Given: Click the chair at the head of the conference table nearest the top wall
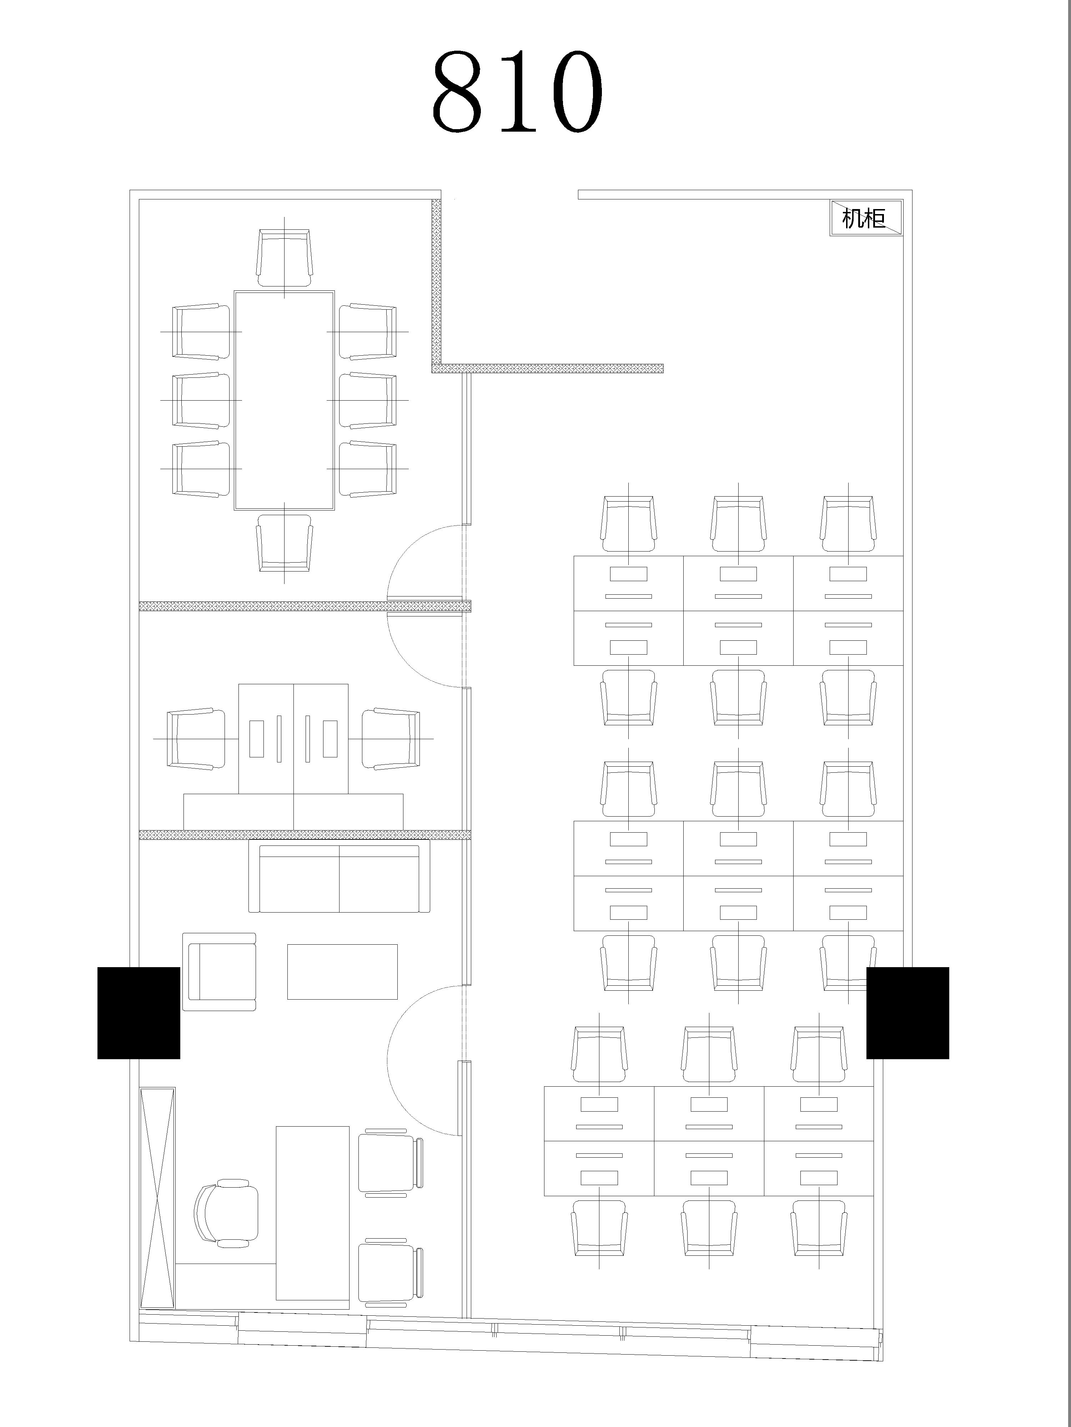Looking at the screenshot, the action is pos(284,258).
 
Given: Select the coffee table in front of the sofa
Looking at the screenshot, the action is pos(342,971).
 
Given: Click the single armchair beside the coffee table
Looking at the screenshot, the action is pos(220,971).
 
